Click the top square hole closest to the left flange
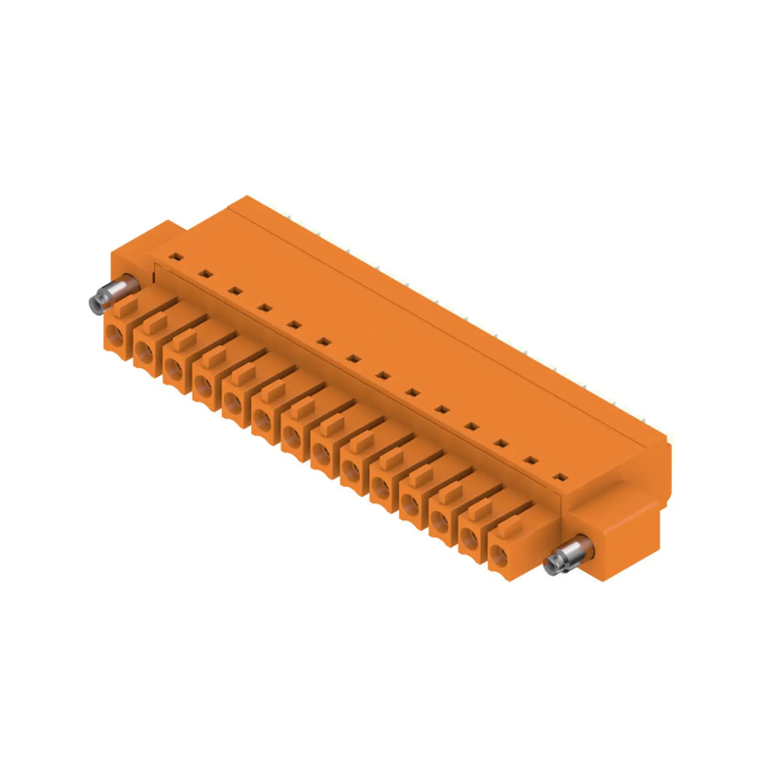pos(176,256)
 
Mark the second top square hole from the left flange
pos(206,274)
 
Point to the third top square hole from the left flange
pos(234,290)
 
